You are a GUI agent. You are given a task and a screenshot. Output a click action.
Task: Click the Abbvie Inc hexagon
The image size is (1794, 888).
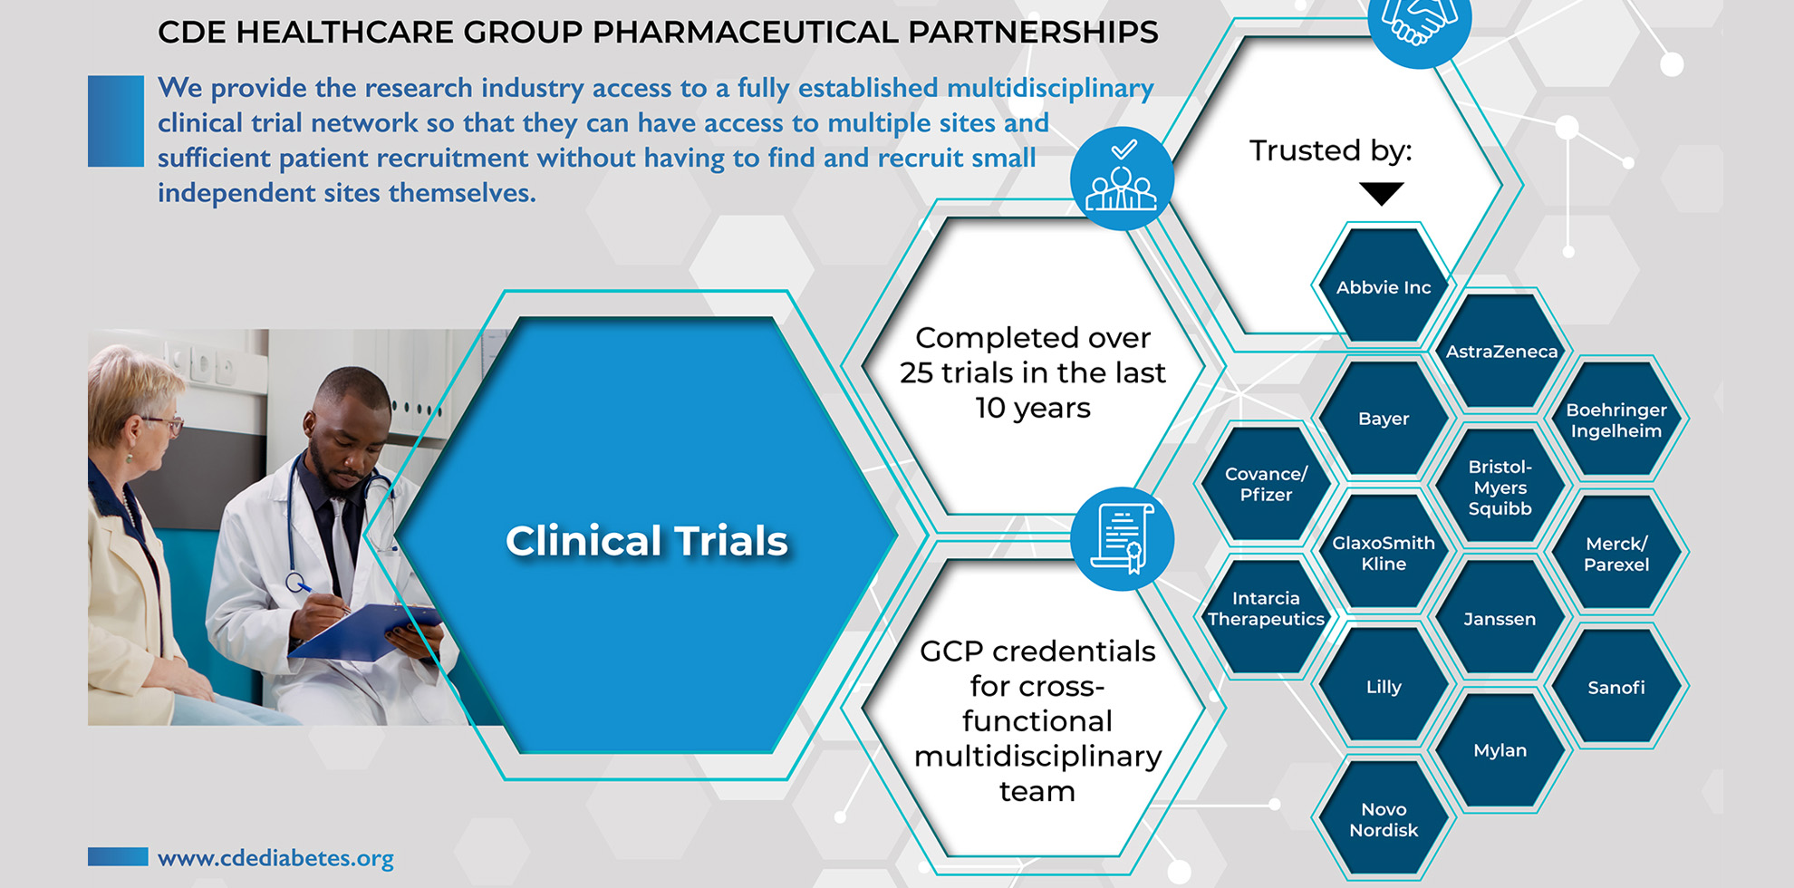[x=1384, y=285]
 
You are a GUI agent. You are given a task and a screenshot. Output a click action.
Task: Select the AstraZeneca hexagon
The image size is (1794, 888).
[x=1500, y=351]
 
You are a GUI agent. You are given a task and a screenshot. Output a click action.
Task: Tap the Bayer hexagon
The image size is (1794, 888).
[x=1384, y=418]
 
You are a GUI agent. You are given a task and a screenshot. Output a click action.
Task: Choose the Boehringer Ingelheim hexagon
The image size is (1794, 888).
[x=1616, y=419]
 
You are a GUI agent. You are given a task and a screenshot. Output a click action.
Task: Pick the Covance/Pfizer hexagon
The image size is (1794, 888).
[x=1266, y=484]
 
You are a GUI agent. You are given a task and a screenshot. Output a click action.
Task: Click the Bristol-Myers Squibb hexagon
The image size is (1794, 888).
[x=1500, y=486]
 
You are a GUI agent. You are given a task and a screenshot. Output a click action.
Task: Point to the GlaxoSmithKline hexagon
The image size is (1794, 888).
[x=1384, y=552]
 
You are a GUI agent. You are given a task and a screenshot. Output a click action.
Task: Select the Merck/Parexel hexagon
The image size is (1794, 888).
[x=1616, y=553]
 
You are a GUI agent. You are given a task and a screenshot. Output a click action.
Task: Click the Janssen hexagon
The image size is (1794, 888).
[x=1500, y=618]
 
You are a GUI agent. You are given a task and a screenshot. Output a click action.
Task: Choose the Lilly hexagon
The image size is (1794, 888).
[x=1384, y=686]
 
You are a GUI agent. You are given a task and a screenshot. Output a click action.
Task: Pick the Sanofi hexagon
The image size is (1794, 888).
[x=1616, y=686]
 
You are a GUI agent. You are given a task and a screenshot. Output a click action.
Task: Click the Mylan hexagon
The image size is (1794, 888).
[x=1500, y=750]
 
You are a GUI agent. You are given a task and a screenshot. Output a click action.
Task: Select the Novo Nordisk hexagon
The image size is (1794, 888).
[x=1384, y=818]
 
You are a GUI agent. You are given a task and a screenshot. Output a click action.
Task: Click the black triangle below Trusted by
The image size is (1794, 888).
[x=1382, y=193]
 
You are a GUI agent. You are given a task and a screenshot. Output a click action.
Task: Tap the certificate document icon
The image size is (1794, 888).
[x=1122, y=538]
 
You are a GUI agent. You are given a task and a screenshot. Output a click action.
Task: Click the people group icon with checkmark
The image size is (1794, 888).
[x=1122, y=179]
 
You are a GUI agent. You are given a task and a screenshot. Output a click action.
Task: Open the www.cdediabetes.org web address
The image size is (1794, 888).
[x=275, y=857]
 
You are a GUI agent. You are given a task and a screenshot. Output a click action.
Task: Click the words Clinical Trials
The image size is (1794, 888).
[x=646, y=541]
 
